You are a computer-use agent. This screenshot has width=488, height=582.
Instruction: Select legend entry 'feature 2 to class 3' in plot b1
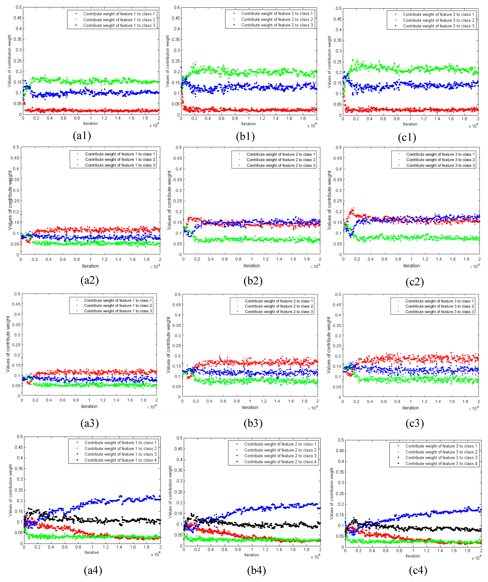(277, 25)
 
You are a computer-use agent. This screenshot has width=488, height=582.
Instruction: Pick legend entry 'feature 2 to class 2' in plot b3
(279, 306)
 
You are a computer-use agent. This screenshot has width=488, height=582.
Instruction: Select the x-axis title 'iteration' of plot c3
(410, 408)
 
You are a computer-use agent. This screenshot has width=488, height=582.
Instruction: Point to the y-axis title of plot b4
(170, 492)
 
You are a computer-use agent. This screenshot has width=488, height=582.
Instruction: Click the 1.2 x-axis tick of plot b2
(265, 259)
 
